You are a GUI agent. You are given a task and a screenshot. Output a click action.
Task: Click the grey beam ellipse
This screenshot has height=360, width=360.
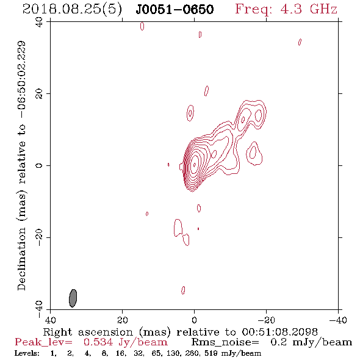click(x=73, y=298)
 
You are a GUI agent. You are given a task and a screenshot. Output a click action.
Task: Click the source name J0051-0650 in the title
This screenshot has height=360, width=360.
click(x=175, y=10)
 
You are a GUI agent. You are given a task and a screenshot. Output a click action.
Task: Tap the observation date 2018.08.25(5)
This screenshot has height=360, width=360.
click(x=72, y=10)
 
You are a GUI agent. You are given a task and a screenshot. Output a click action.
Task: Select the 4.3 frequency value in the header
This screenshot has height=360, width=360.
click(x=291, y=9)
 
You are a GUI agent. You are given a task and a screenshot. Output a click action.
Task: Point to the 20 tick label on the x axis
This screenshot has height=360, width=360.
click(x=123, y=320)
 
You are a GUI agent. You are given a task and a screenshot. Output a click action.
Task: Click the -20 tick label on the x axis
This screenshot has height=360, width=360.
click(x=266, y=320)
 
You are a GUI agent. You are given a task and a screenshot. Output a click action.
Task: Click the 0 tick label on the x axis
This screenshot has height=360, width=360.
click(x=194, y=320)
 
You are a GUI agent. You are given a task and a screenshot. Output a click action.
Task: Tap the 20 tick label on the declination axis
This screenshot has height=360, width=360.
click(x=39, y=94)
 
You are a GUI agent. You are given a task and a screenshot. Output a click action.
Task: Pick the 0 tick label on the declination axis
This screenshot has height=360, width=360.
click(x=39, y=165)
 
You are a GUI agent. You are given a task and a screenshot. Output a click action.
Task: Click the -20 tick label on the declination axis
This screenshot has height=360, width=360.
click(x=39, y=237)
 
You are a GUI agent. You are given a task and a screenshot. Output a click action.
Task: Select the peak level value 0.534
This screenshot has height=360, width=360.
click(x=98, y=342)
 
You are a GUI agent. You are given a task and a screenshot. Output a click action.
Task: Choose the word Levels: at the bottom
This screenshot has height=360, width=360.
click(x=27, y=353)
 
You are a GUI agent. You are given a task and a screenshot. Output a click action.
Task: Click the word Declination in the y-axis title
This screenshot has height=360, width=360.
click(x=21, y=259)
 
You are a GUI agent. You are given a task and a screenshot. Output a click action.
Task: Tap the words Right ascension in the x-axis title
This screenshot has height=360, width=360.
click(x=88, y=332)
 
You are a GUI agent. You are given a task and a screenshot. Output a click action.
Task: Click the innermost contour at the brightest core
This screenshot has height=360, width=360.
click(x=195, y=165)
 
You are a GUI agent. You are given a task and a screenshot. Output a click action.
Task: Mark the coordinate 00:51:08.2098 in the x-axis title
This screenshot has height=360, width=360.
click(x=279, y=332)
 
